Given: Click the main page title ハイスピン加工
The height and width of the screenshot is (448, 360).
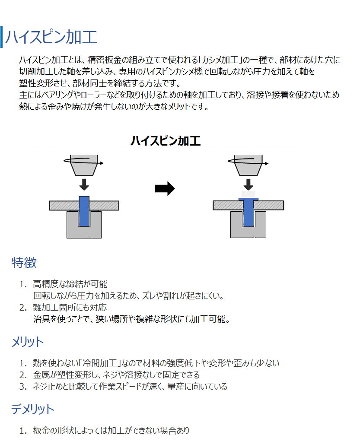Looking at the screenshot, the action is pyautogui.click(x=51, y=37).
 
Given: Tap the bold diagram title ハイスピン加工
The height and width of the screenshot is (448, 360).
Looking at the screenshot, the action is pyautogui.click(x=166, y=141).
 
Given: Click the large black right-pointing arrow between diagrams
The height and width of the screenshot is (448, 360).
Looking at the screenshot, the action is pyautogui.click(x=165, y=188).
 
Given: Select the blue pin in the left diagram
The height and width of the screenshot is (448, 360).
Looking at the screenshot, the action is pyautogui.click(x=84, y=211).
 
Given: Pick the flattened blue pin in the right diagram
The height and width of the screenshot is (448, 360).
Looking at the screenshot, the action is pyautogui.click(x=248, y=212).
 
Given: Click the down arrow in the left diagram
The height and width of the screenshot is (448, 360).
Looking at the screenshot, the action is pyautogui.click(x=84, y=184).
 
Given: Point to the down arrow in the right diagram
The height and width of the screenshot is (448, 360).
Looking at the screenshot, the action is pyautogui.click(x=248, y=184).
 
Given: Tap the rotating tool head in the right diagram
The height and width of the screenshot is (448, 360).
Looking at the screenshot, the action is pyautogui.click(x=248, y=165).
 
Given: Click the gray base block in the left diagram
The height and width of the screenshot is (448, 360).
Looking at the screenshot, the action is pyautogui.click(x=84, y=232).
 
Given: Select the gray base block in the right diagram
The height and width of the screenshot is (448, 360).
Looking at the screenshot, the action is pyautogui.click(x=248, y=232).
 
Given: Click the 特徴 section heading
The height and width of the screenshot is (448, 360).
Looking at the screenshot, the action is pyautogui.click(x=24, y=263).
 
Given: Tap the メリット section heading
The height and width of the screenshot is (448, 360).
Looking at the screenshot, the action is pyautogui.click(x=27, y=342).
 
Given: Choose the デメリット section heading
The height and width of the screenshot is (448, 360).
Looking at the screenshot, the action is pyautogui.click(x=32, y=409).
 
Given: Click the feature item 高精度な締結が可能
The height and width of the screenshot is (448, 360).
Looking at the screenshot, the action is pyautogui.click(x=70, y=284).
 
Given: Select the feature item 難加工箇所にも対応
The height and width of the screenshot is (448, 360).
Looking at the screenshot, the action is pyautogui.click(x=70, y=308).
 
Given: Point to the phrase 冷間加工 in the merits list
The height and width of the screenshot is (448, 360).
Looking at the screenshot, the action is pyautogui.click(x=100, y=363).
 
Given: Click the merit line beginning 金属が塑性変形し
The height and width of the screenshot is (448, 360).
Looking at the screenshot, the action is pyautogui.click(x=116, y=375).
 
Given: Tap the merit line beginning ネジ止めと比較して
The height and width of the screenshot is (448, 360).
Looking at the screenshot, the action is pyautogui.click(x=130, y=387).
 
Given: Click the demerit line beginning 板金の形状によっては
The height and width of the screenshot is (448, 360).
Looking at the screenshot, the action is pyautogui.click(x=111, y=430).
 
